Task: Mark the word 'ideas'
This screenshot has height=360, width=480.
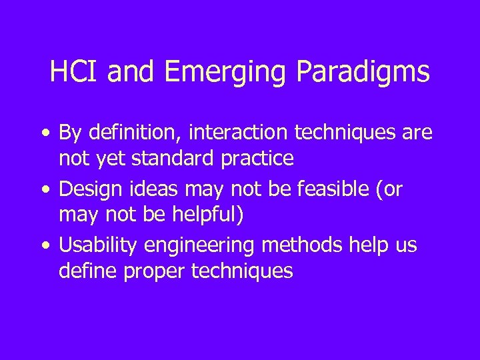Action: pyautogui.click(x=151, y=190)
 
